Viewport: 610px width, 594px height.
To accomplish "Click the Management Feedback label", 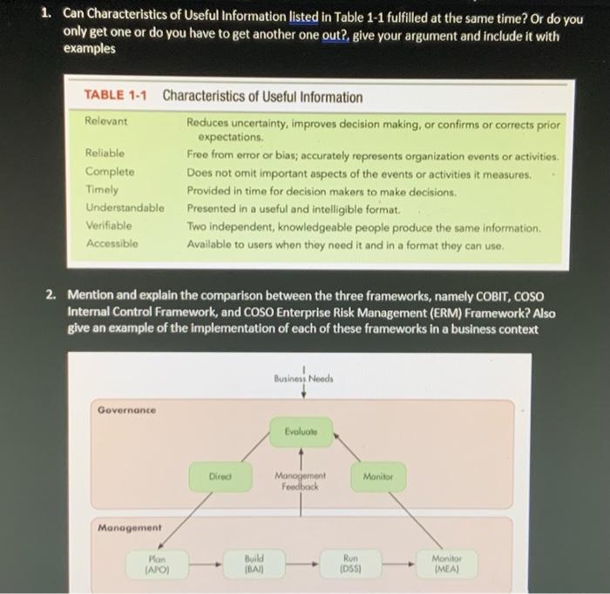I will [300, 482].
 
